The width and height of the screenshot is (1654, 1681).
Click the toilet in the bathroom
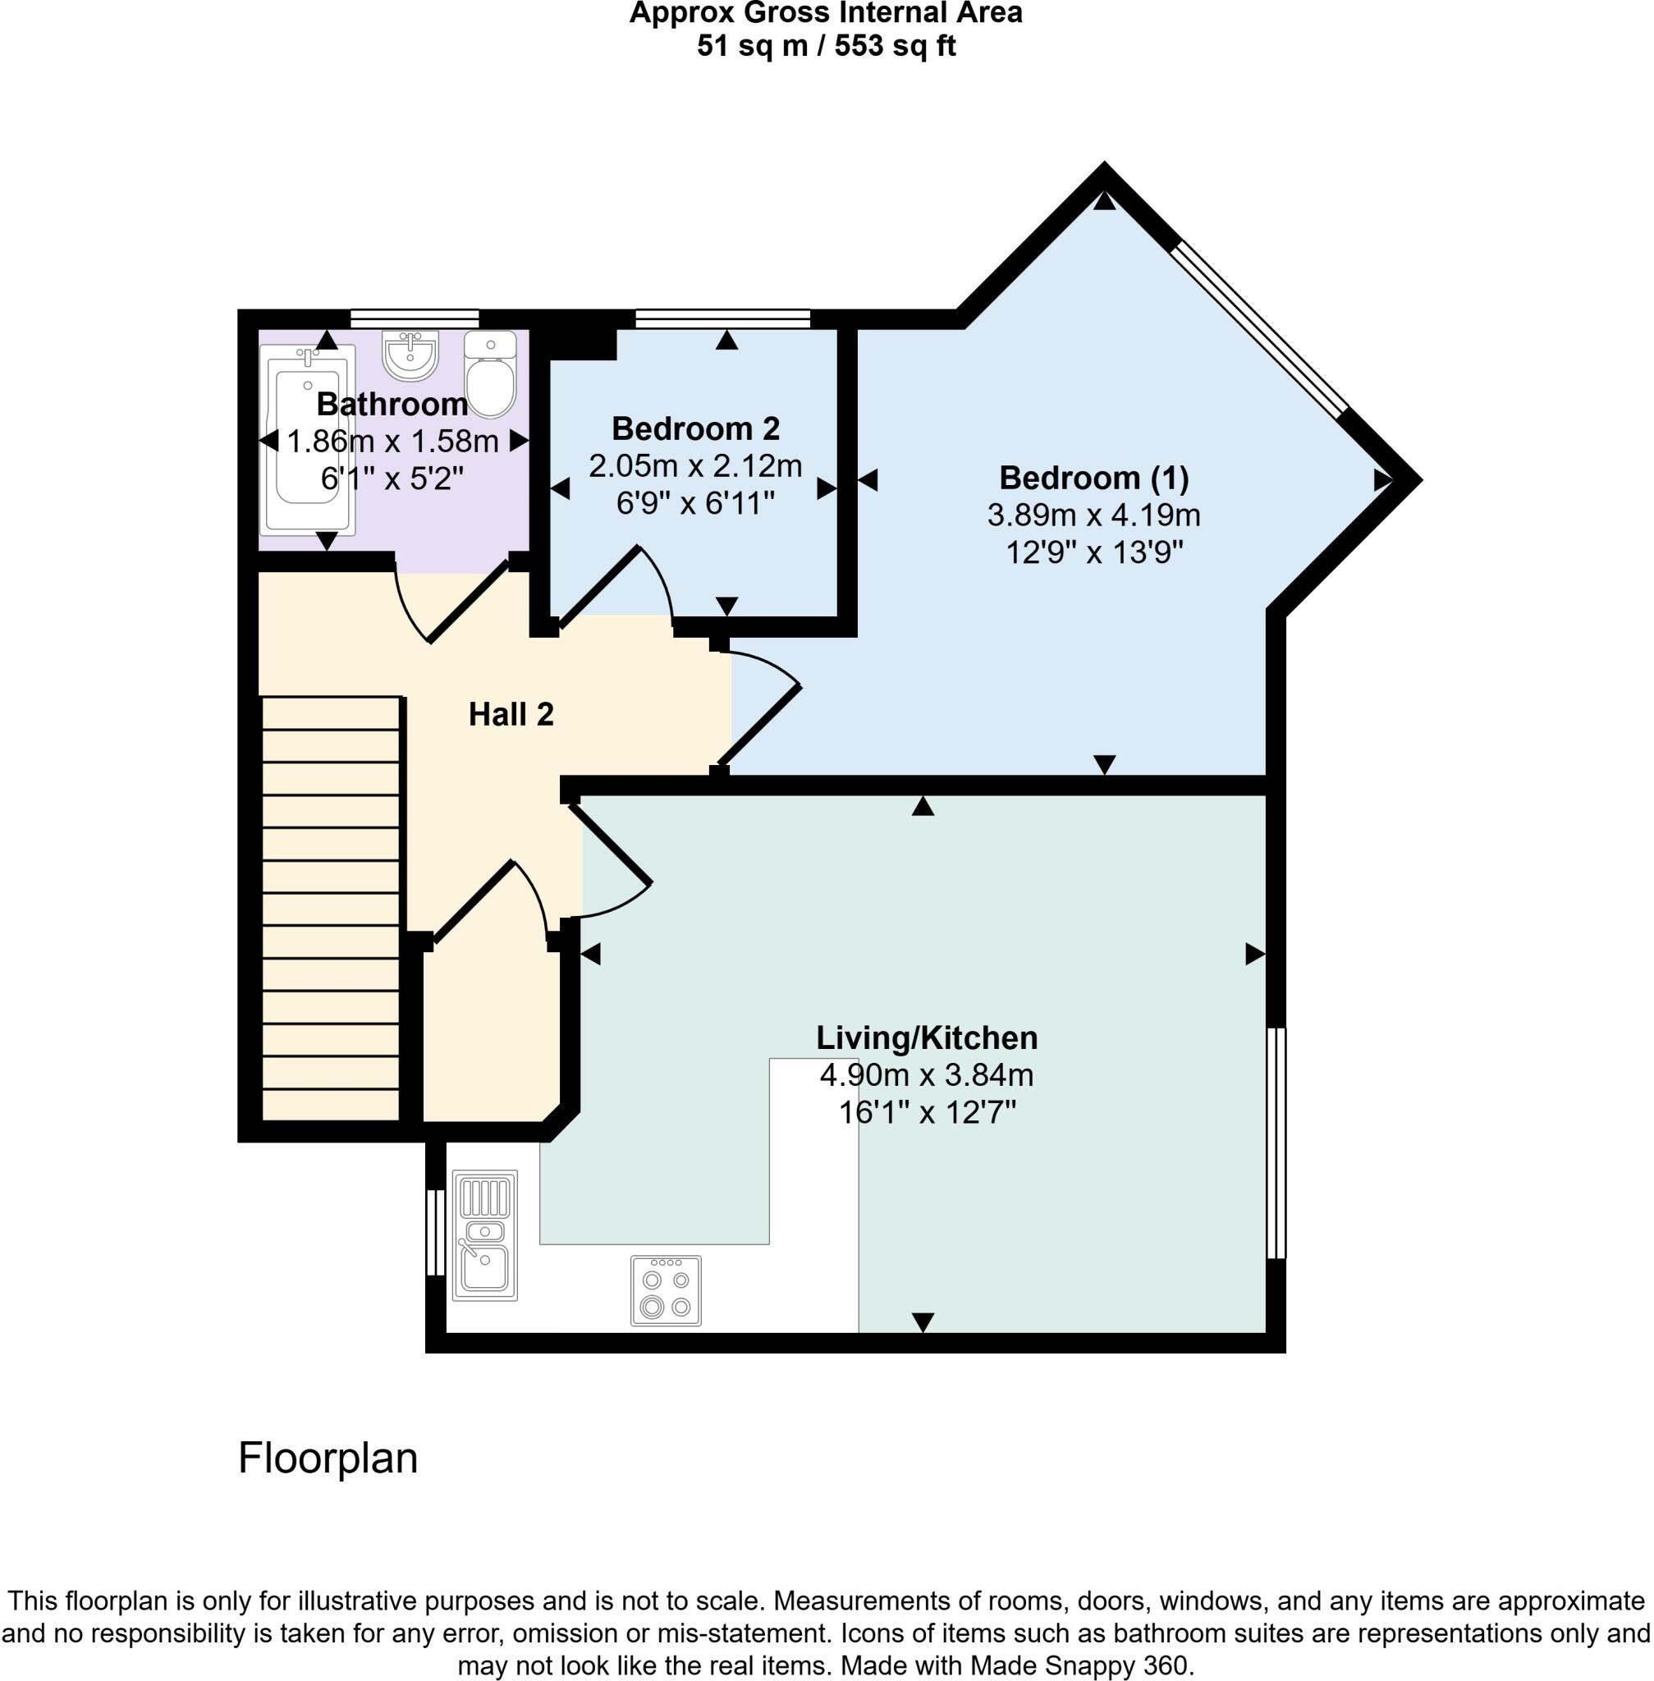coord(491,374)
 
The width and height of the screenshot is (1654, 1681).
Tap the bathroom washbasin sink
coord(411,355)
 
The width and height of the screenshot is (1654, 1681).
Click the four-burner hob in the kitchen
coord(667,1290)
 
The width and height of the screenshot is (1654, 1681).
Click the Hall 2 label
coord(511,714)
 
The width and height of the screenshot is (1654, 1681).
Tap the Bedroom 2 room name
coord(696,428)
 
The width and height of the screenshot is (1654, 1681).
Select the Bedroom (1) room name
coord(1094,478)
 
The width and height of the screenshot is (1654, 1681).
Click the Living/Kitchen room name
coord(927,1038)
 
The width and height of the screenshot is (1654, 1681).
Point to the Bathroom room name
coord(392,404)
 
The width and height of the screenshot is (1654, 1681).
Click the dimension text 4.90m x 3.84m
coord(927,1075)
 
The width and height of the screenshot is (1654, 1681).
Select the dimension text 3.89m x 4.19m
coord(1094,515)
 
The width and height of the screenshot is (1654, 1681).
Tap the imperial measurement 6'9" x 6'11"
coord(696,503)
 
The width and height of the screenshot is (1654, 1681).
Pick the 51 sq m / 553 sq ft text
coord(826,45)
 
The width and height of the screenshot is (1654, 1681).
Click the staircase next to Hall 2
coord(331,909)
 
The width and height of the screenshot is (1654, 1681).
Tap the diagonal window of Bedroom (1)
coord(1260,328)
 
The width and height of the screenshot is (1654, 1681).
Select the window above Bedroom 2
coord(723,318)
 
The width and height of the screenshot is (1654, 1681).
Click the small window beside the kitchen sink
coord(435,1232)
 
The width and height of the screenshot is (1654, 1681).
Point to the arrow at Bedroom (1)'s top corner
coord(1104,200)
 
